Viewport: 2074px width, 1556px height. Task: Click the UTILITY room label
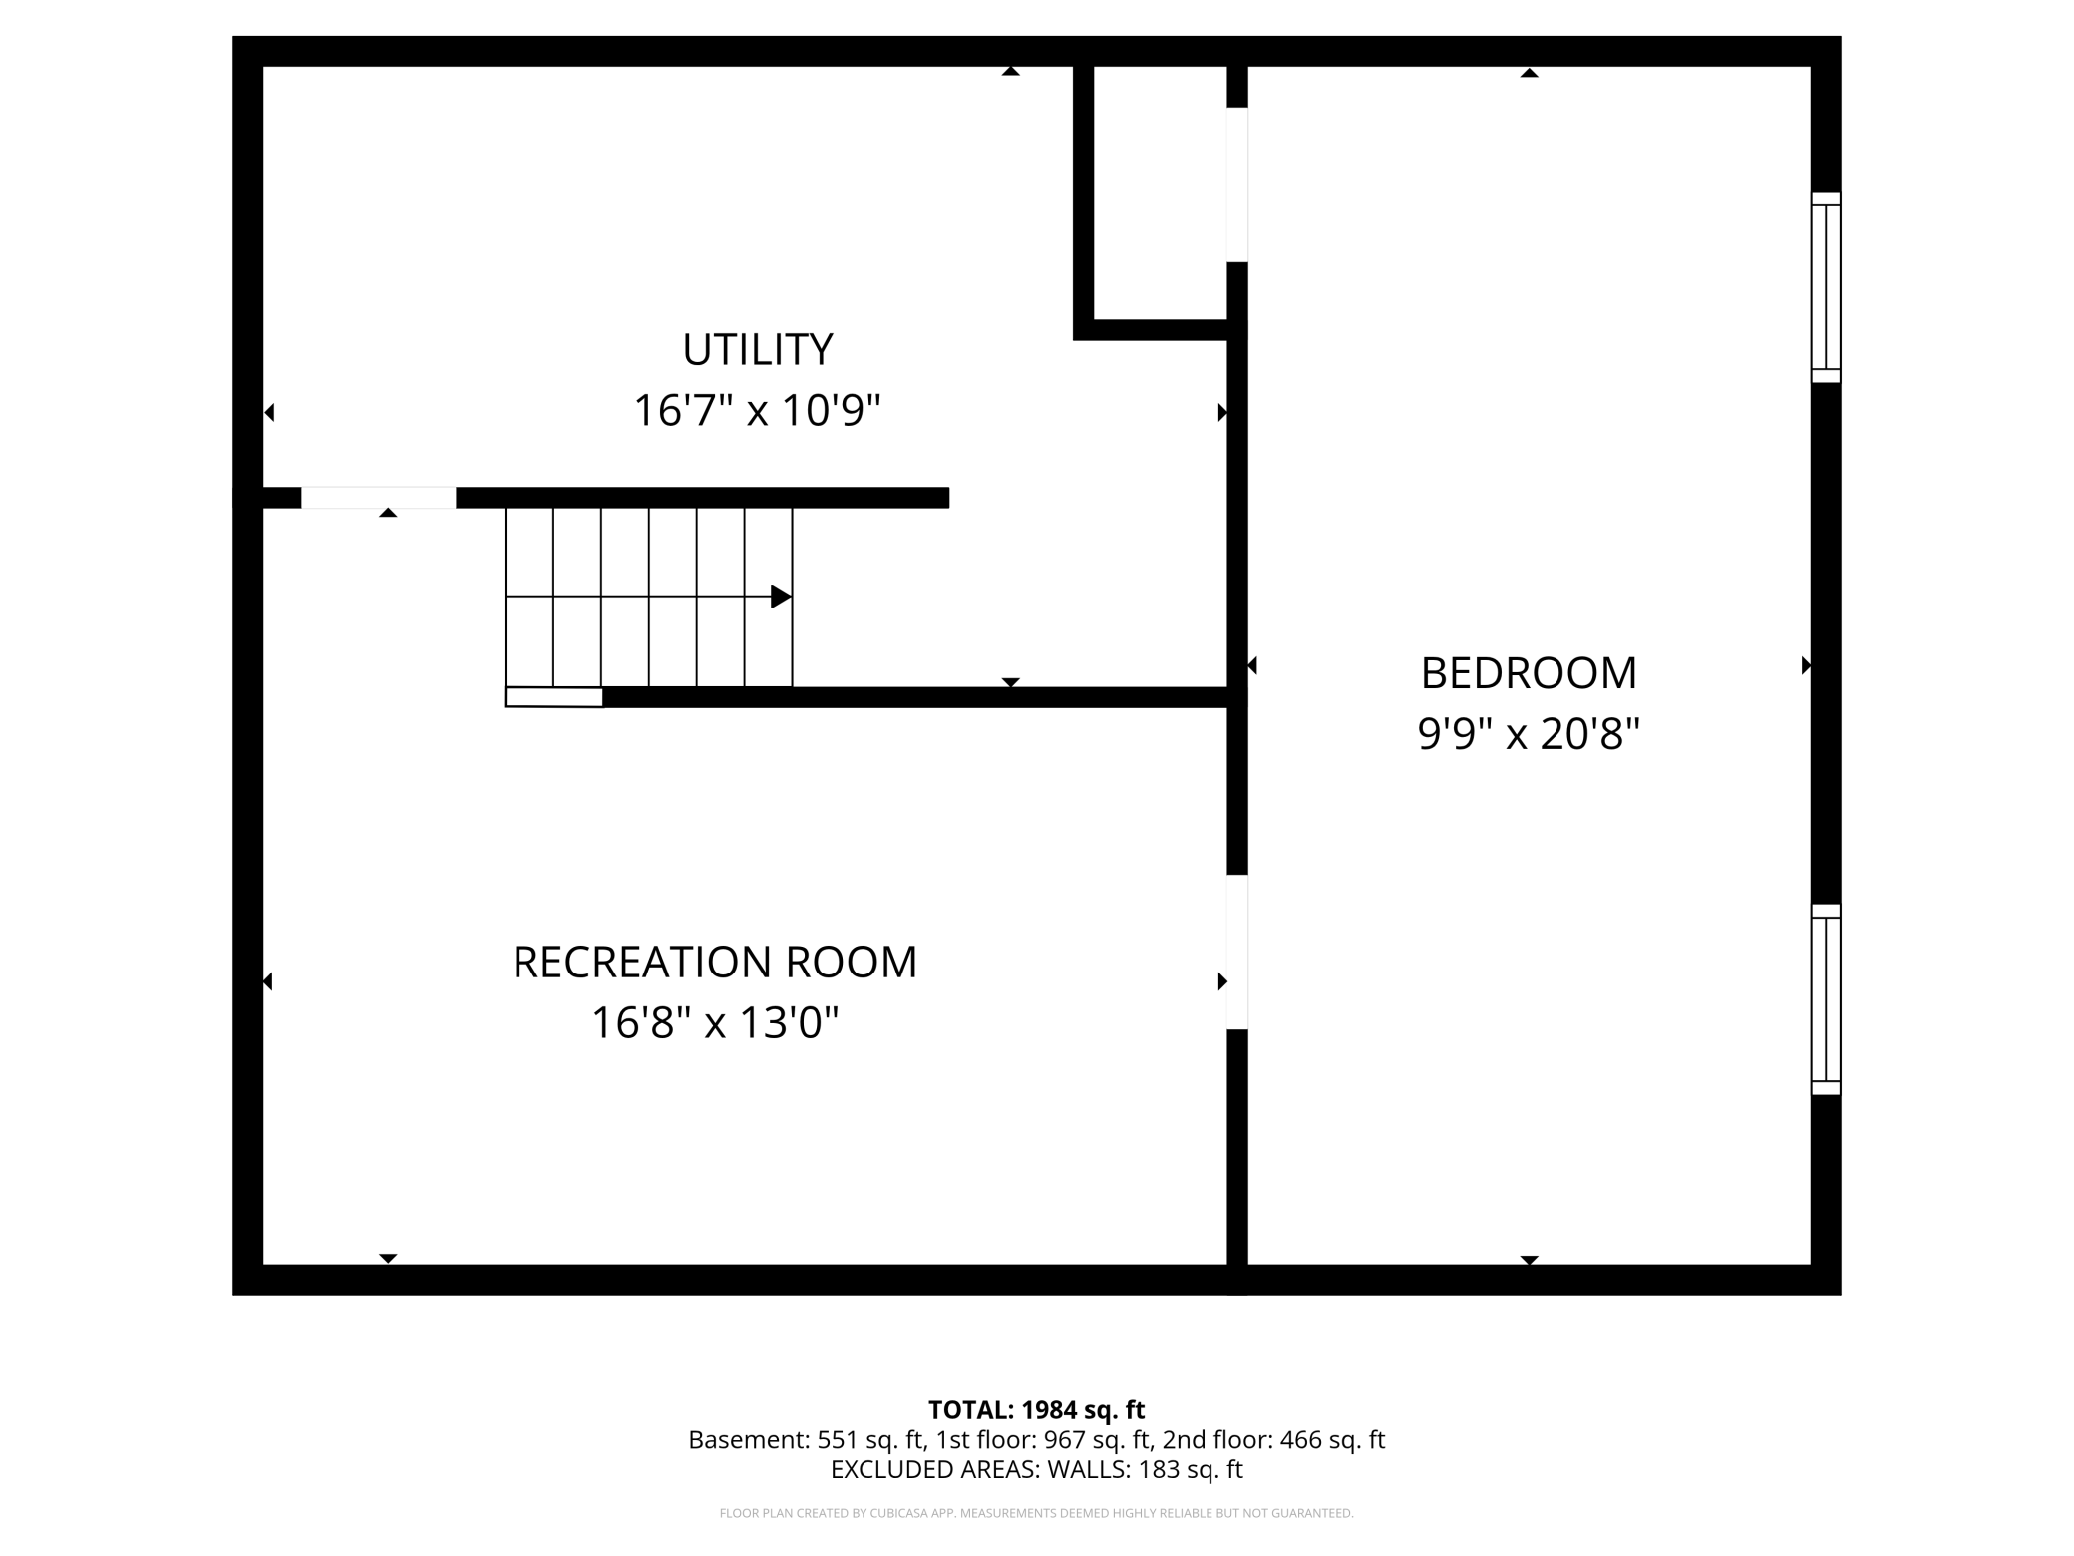[757, 349]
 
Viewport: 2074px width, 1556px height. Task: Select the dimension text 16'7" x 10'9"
[757, 410]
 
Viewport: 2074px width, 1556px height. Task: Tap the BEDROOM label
[1529, 673]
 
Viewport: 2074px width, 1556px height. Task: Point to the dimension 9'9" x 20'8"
[1529, 734]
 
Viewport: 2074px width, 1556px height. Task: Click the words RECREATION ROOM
[714, 962]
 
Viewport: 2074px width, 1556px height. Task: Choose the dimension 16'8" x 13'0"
[714, 1022]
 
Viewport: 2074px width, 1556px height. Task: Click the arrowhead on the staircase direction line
[782, 597]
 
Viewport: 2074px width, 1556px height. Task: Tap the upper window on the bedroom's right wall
[1826, 287]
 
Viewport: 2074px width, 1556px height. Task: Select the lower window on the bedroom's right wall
[1826, 999]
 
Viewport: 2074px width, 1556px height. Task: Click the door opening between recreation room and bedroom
[1237, 953]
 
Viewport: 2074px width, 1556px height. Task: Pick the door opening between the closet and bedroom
[1237, 185]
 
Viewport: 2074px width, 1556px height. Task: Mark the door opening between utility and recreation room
[379, 498]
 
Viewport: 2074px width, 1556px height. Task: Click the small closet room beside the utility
[1161, 193]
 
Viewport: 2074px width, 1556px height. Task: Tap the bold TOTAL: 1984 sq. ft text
[1036, 1410]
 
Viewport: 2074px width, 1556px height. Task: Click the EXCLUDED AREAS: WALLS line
[1036, 1469]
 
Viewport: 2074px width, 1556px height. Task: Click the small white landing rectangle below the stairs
[553, 697]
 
